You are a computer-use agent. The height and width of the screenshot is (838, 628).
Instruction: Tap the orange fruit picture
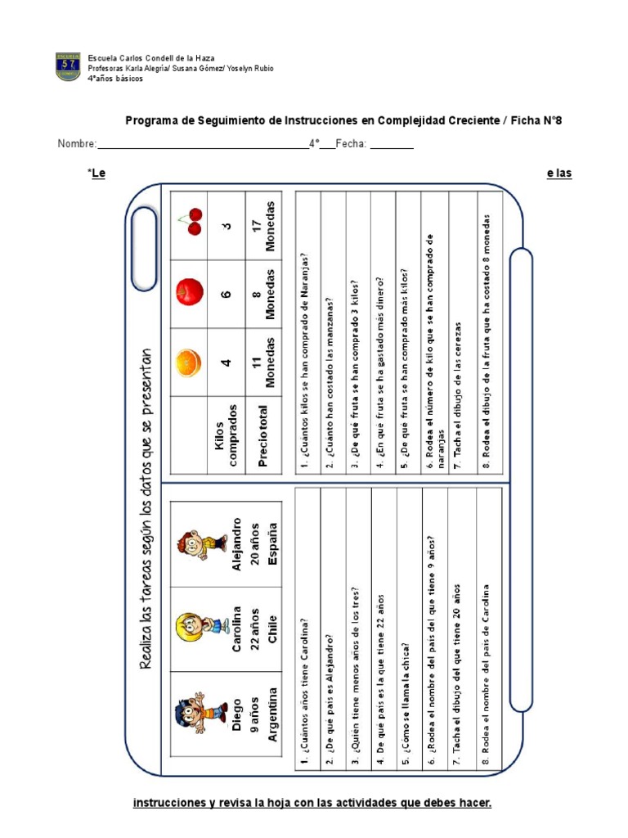pyautogui.click(x=189, y=362)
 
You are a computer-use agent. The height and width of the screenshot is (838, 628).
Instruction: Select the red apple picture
pyautogui.click(x=189, y=291)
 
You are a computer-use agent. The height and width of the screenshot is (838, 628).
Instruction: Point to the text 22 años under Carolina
pyautogui.click(x=254, y=627)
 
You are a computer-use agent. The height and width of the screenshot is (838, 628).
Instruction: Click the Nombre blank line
pyautogui.click(x=203, y=146)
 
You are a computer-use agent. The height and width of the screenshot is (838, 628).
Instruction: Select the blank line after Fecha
pyautogui.click(x=392, y=146)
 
